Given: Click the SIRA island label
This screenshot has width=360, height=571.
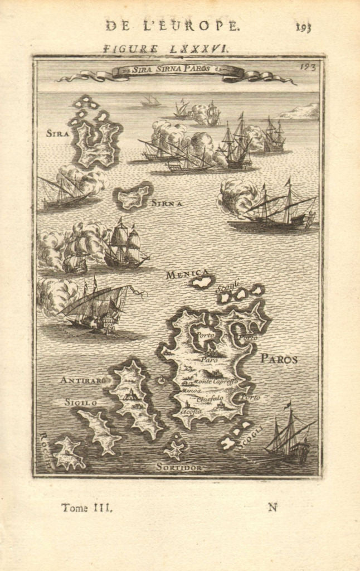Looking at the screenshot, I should point(57,133).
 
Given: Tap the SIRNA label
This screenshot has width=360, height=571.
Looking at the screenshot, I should point(167,203).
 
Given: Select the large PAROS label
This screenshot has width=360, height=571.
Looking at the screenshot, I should point(279,359).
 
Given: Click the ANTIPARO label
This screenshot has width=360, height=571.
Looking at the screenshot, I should point(82,380).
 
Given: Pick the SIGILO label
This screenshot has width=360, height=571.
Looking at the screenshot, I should point(81,401).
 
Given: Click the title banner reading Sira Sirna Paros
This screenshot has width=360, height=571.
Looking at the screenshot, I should point(177,71).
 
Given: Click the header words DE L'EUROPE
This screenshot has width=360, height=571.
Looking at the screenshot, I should point(172,26).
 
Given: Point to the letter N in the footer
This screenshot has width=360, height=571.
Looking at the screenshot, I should point(273,507).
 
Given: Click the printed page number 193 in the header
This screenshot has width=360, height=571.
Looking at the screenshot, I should point(304,26).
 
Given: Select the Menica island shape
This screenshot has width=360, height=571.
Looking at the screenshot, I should point(202,282).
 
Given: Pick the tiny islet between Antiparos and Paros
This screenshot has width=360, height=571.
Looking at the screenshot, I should point(162,381).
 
